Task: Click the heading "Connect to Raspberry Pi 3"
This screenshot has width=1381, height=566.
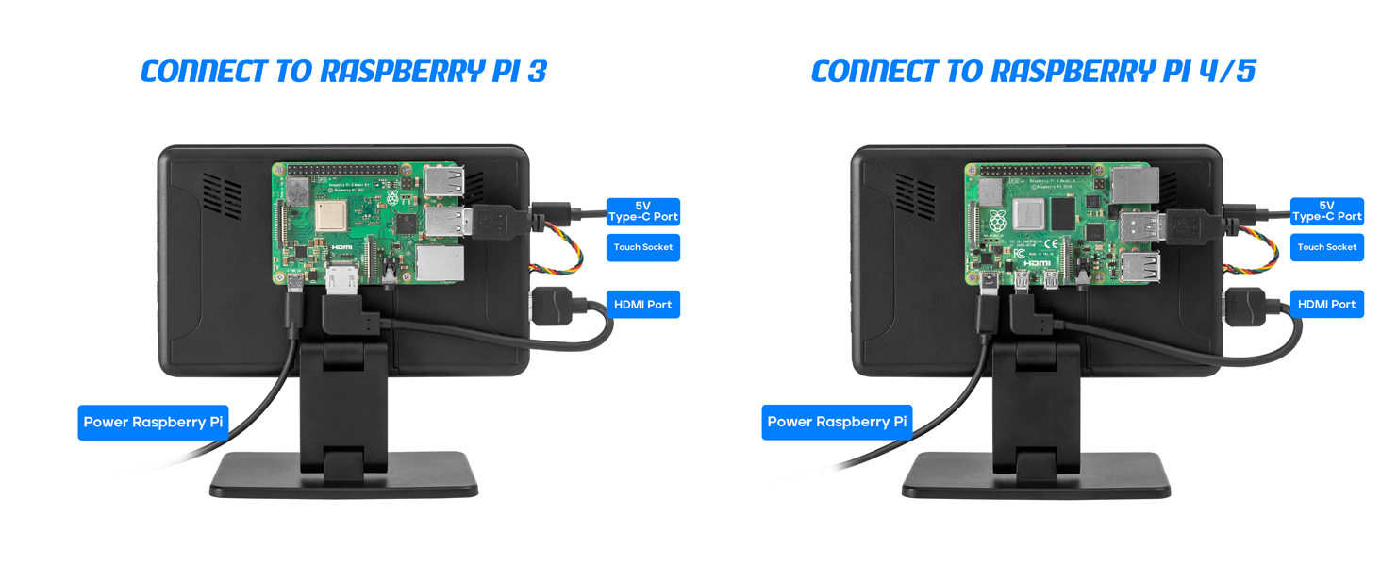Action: coord(343,72)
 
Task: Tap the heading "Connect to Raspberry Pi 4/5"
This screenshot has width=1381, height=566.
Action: coord(1033,72)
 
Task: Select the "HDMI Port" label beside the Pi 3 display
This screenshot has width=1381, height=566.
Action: coord(642,305)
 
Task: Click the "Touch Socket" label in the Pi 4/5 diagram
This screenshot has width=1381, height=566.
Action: coord(1326,247)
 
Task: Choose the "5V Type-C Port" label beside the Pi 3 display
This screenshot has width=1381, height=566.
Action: coord(642,211)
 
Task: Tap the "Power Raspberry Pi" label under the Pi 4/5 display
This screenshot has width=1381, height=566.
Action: coord(837,422)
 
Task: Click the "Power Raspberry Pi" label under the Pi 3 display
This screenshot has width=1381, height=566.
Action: coord(153,422)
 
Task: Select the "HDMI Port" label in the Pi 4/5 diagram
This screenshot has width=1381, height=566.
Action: coord(1326,305)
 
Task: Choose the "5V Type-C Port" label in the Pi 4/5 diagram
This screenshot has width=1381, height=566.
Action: coord(1326,211)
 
